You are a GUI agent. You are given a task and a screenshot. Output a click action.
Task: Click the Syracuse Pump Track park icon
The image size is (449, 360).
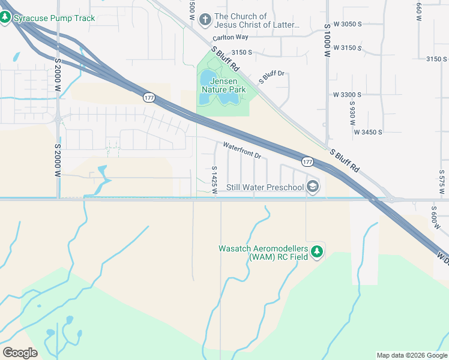6,17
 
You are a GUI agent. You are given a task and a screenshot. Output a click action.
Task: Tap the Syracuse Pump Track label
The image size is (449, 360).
55,18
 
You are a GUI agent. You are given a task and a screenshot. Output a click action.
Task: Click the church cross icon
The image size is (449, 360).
205,20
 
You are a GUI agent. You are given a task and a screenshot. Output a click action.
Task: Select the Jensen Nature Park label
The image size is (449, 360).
224,85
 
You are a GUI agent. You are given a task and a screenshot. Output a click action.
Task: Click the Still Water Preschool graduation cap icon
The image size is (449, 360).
312,187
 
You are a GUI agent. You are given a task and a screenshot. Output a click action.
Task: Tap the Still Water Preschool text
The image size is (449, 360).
265,188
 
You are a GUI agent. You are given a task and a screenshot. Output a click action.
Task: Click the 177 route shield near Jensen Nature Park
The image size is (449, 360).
149,97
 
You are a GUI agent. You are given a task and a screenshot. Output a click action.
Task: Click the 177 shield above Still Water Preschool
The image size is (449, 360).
307,162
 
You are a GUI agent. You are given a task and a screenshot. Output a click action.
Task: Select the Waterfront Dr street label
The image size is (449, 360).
243,150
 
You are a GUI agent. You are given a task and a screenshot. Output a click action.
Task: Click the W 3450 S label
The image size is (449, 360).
368,131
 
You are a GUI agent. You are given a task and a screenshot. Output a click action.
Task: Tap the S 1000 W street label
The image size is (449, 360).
327,41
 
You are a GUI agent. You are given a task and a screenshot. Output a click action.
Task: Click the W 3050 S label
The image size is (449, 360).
348,24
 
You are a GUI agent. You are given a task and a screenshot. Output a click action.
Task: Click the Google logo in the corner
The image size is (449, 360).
20,353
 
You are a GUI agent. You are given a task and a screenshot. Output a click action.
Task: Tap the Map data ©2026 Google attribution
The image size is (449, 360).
412,355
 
